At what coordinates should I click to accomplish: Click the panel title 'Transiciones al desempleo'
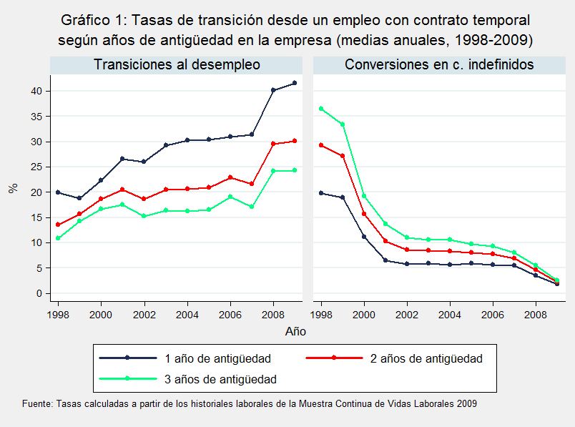[x=177, y=65]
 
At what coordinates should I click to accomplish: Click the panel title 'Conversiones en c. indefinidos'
[x=439, y=65]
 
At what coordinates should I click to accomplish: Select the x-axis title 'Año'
[x=295, y=331]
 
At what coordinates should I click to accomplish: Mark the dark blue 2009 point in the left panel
[x=295, y=83]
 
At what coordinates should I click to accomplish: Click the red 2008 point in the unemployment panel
[x=273, y=144]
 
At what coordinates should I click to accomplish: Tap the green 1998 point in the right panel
[x=320, y=109]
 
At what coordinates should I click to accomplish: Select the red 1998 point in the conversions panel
[x=320, y=145]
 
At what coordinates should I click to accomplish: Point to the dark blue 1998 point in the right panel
[x=320, y=192]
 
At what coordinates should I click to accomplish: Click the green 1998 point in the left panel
[x=57, y=238]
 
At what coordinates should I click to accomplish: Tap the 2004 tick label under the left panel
[x=187, y=314]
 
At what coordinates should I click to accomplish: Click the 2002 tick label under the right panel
[x=408, y=314]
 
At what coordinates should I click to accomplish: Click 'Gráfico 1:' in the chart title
[x=91, y=20]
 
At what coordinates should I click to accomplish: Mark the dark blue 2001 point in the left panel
[x=122, y=159]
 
